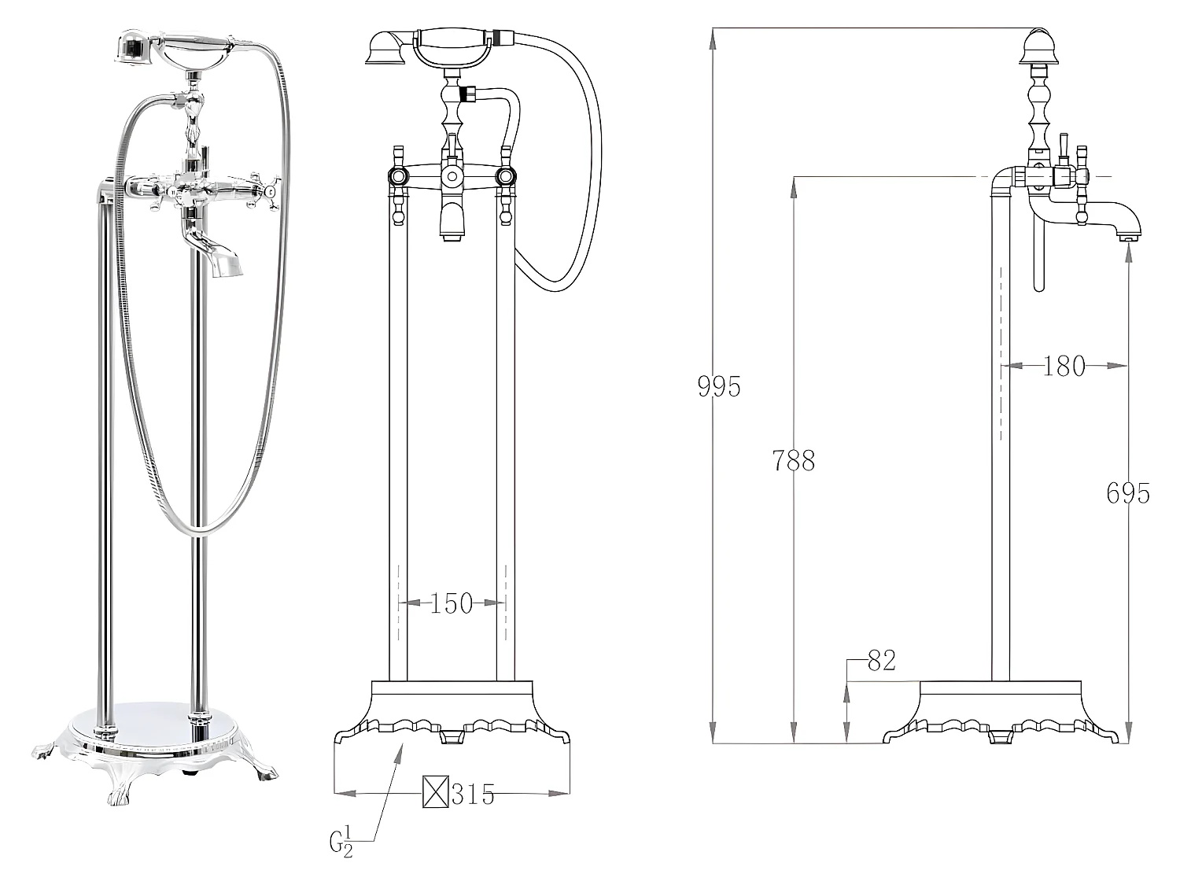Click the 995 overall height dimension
[719, 386]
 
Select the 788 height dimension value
[793, 460]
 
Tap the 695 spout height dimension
[1127, 493]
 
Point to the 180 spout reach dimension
[1064, 366]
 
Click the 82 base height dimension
[881, 661]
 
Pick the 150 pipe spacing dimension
[452, 603]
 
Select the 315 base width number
[473, 795]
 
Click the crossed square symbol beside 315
[435, 792]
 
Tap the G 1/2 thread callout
[341, 843]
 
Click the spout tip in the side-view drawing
[1127, 234]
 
